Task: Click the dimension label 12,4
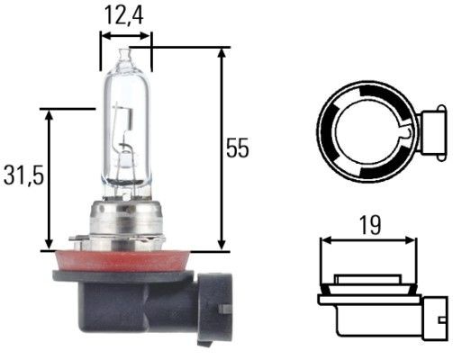tap(125, 14)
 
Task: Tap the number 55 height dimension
tap(237, 148)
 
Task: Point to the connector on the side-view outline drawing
tap(434, 306)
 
